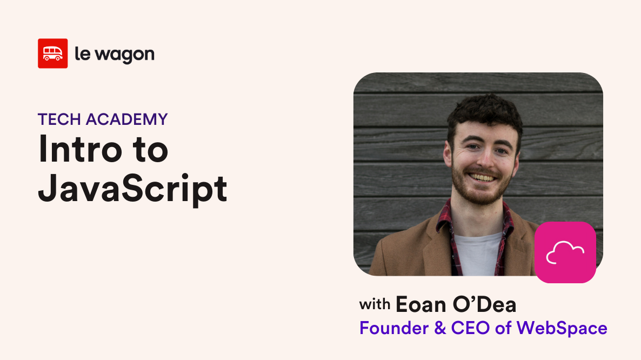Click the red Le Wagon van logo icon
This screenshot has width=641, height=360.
53,54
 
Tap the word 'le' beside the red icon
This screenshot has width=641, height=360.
83,54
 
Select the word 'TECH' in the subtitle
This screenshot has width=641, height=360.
59,119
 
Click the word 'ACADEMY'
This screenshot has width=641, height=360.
126,119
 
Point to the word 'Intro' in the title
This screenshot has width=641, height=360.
80,149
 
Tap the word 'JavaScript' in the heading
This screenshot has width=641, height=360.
132,188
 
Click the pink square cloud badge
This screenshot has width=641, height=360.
565,252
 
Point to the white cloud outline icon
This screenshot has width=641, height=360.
565,252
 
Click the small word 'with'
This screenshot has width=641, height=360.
375,304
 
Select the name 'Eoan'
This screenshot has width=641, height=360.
420,305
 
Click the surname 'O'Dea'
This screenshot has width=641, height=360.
484,304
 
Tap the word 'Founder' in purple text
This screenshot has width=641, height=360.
394,328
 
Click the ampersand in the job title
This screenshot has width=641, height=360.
440,328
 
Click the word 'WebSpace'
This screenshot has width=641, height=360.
562,329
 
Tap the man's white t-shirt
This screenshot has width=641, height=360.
478,254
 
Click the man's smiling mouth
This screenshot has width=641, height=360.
483,177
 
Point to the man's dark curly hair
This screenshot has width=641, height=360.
485,113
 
